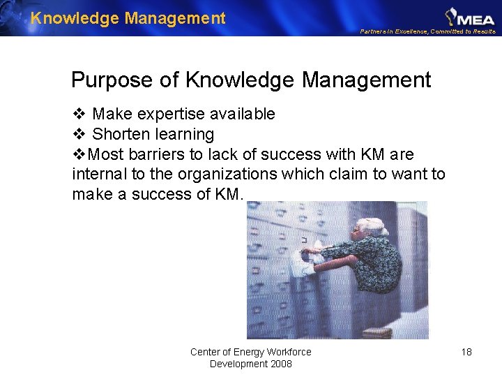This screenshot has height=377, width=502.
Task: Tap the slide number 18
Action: (x=466, y=352)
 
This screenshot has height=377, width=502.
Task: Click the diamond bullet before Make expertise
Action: (x=78, y=114)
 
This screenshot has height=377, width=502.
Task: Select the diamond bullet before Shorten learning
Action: (x=78, y=134)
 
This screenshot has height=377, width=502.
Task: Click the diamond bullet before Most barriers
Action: (x=79, y=154)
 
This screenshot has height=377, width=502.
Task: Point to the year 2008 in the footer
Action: (x=280, y=364)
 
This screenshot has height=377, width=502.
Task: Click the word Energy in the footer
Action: (x=249, y=352)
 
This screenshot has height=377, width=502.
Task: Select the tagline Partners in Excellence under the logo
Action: (x=395, y=31)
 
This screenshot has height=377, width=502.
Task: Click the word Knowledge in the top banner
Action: (x=75, y=18)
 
